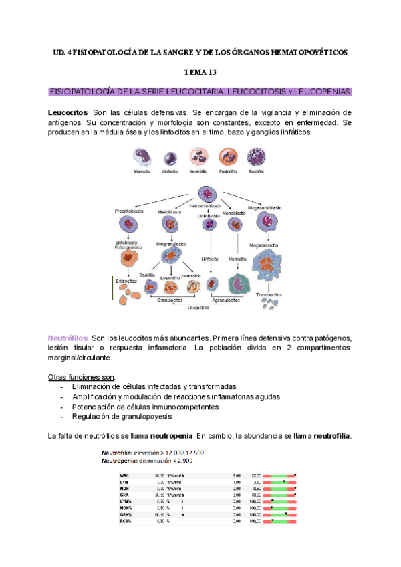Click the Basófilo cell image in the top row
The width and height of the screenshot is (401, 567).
pyautogui.click(x=257, y=156)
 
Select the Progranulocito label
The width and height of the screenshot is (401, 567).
pyautogui.click(x=170, y=245)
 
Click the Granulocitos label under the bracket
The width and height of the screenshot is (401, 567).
pyautogui.click(x=170, y=300)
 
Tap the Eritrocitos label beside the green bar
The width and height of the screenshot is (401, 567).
pyautogui.click(x=126, y=281)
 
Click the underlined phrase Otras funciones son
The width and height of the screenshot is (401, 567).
pyautogui.click(x=82, y=376)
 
